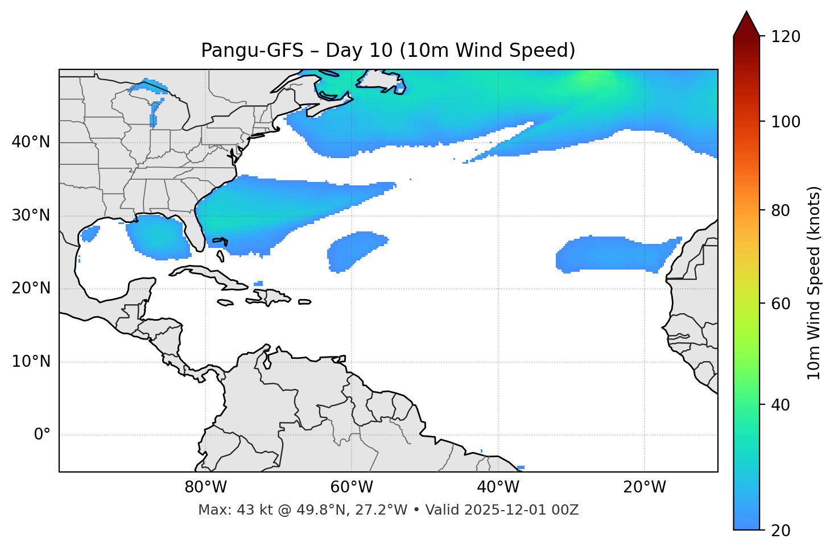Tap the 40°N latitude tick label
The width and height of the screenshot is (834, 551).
point(31,142)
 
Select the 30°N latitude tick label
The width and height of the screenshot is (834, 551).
point(31,216)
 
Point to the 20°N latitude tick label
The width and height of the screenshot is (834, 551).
point(31,288)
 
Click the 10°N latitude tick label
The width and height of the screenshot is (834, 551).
point(31,362)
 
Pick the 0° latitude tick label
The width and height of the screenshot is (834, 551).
point(42,435)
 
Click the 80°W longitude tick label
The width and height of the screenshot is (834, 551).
point(205,487)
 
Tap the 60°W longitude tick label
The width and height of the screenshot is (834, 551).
point(352,487)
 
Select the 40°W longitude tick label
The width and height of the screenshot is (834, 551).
point(498,487)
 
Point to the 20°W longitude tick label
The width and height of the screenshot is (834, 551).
point(644,487)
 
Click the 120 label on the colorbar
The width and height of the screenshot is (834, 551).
point(786,37)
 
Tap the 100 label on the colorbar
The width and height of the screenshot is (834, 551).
point(786,122)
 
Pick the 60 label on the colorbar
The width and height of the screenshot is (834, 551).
point(781,304)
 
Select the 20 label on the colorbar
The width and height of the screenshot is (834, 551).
point(781,531)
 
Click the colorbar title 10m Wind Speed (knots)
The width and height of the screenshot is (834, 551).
point(814,283)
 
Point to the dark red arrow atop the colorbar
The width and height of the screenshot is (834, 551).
point(746,24)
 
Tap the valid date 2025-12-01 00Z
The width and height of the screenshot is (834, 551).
point(521,510)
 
